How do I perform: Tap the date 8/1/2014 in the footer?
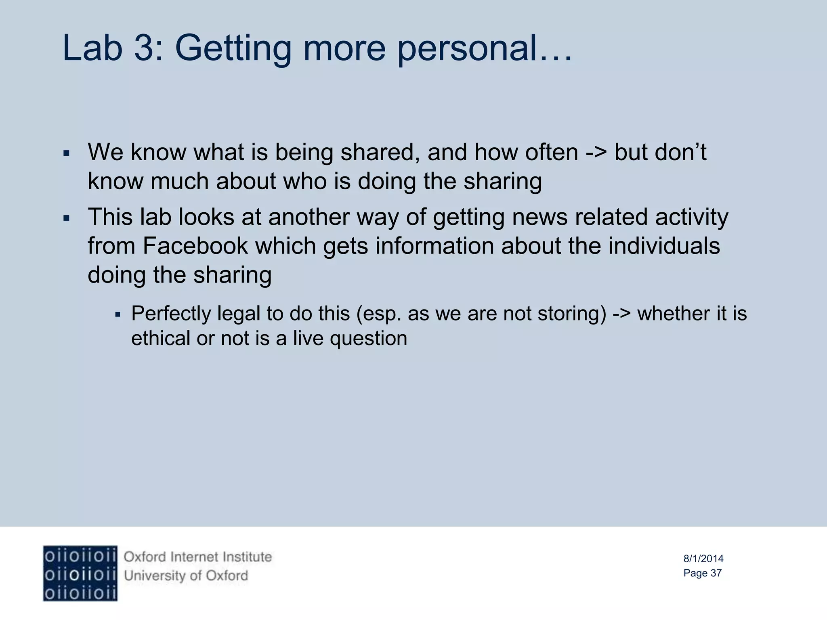click(703, 559)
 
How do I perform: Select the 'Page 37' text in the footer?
click(702, 573)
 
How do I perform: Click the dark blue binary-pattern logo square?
click(80, 574)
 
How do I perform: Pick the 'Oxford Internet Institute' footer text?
click(198, 557)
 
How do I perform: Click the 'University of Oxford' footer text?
click(186, 576)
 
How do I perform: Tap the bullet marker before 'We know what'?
click(67, 154)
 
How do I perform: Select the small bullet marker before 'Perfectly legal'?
click(118, 314)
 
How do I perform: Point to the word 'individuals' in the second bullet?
click(664, 246)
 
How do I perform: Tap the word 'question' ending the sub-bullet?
click(368, 339)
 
